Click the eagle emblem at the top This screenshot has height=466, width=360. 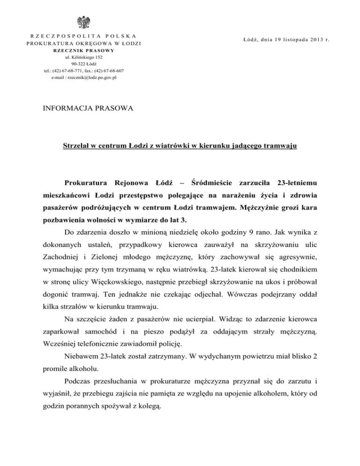click(86, 23)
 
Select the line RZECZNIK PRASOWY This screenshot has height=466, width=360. click(86, 51)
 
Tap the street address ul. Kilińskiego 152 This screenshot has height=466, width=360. click(86, 57)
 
